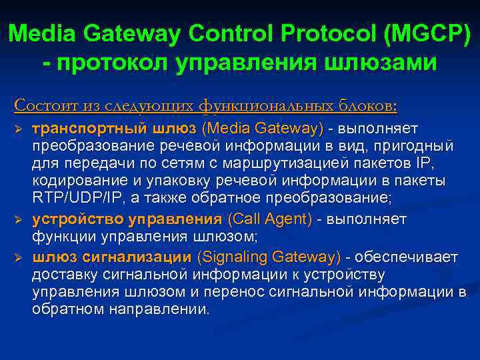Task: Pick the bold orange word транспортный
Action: point(80,127)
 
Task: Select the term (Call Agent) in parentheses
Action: point(270,219)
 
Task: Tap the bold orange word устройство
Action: point(70,219)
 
